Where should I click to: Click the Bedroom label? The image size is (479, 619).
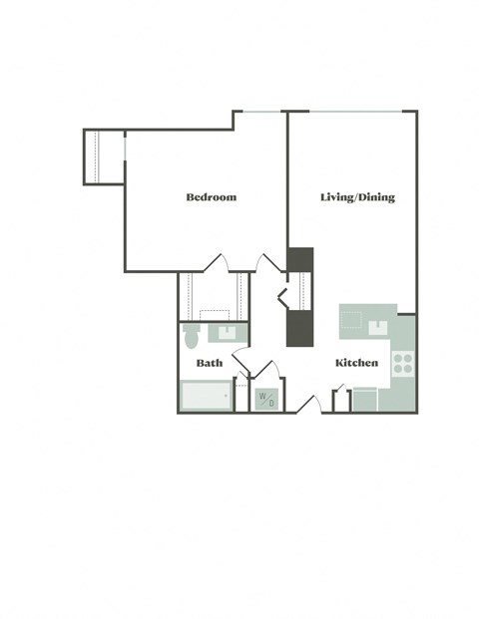[212, 197]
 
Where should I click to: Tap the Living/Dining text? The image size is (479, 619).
[357, 197]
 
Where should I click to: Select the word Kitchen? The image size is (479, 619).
[356, 363]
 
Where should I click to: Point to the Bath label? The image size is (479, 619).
[210, 363]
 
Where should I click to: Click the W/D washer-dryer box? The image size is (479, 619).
[266, 400]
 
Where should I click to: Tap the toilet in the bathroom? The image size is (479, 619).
[193, 337]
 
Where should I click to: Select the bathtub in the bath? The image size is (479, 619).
[205, 398]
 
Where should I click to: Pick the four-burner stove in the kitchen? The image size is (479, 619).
[403, 364]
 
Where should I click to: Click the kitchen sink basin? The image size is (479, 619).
[380, 326]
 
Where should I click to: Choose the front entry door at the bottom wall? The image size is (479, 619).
[310, 405]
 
